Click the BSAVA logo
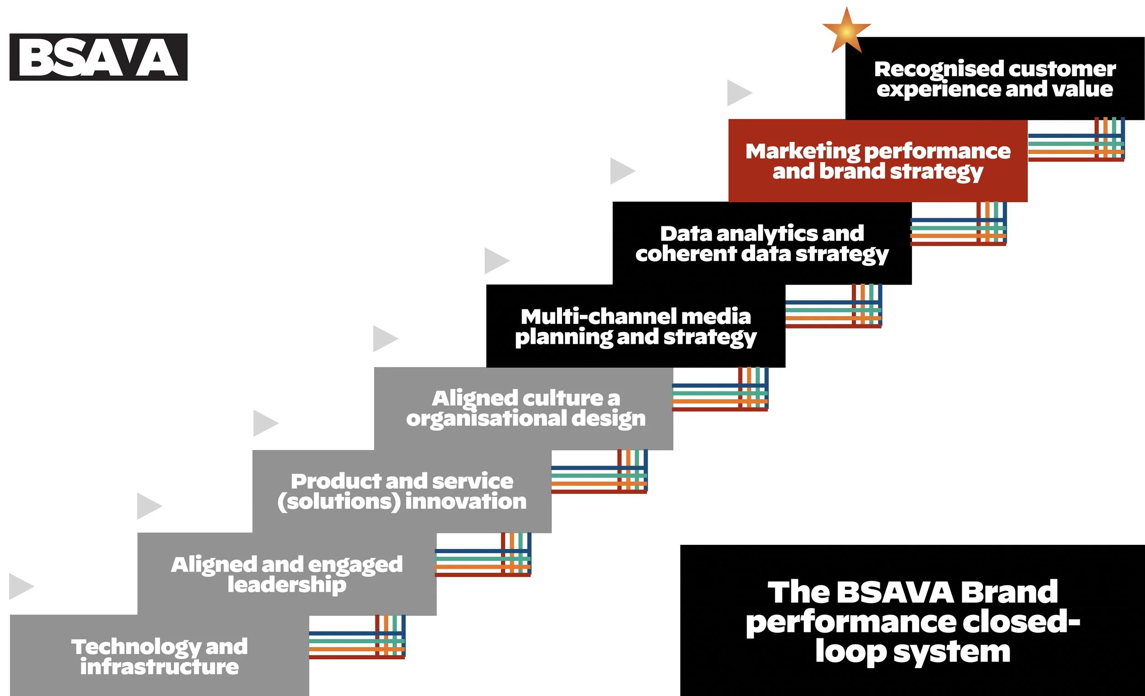tap(98, 57)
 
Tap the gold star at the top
tap(846, 31)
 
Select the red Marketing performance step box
tap(878, 160)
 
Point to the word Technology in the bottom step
tap(136, 647)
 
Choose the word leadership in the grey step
tap(287, 584)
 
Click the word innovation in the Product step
tap(466, 501)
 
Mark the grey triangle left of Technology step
tap(21, 586)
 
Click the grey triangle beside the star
tap(738, 93)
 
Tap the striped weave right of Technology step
tap(357, 637)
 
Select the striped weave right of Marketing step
tap(1076, 139)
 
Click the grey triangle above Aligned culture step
tap(385, 339)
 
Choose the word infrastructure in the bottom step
tap(159, 667)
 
